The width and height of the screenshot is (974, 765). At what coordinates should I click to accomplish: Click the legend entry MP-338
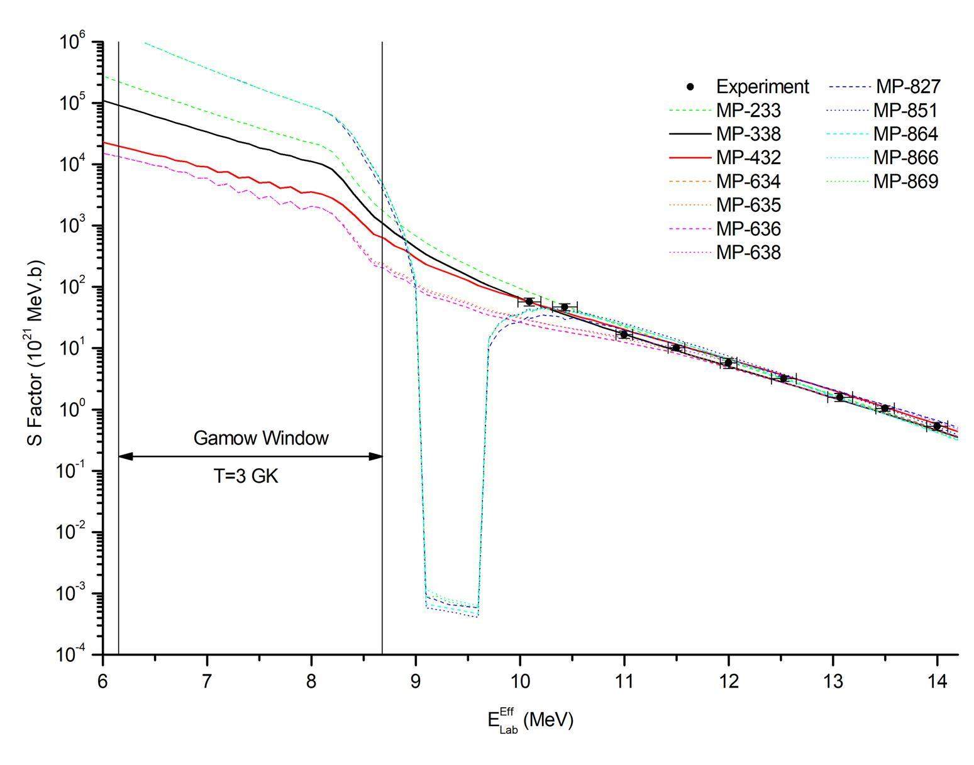pos(748,134)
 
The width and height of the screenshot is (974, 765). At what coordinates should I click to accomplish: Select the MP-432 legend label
pos(748,158)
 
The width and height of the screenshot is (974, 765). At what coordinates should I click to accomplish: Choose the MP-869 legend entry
pos(905,182)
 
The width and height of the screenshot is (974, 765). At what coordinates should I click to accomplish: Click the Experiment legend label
pos(762,87)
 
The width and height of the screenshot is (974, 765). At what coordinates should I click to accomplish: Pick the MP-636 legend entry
pos(748,229)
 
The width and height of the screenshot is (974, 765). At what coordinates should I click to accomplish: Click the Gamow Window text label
pos(260,438)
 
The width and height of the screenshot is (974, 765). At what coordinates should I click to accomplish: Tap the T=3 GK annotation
pos(246,476)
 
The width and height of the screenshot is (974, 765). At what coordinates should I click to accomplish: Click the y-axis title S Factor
pos(36,352)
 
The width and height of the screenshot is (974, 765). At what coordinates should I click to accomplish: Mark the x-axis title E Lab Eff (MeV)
pos(530,720)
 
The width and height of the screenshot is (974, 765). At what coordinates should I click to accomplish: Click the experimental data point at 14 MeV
pos(937,426)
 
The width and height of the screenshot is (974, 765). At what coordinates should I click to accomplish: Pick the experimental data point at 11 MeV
pos(624,334)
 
